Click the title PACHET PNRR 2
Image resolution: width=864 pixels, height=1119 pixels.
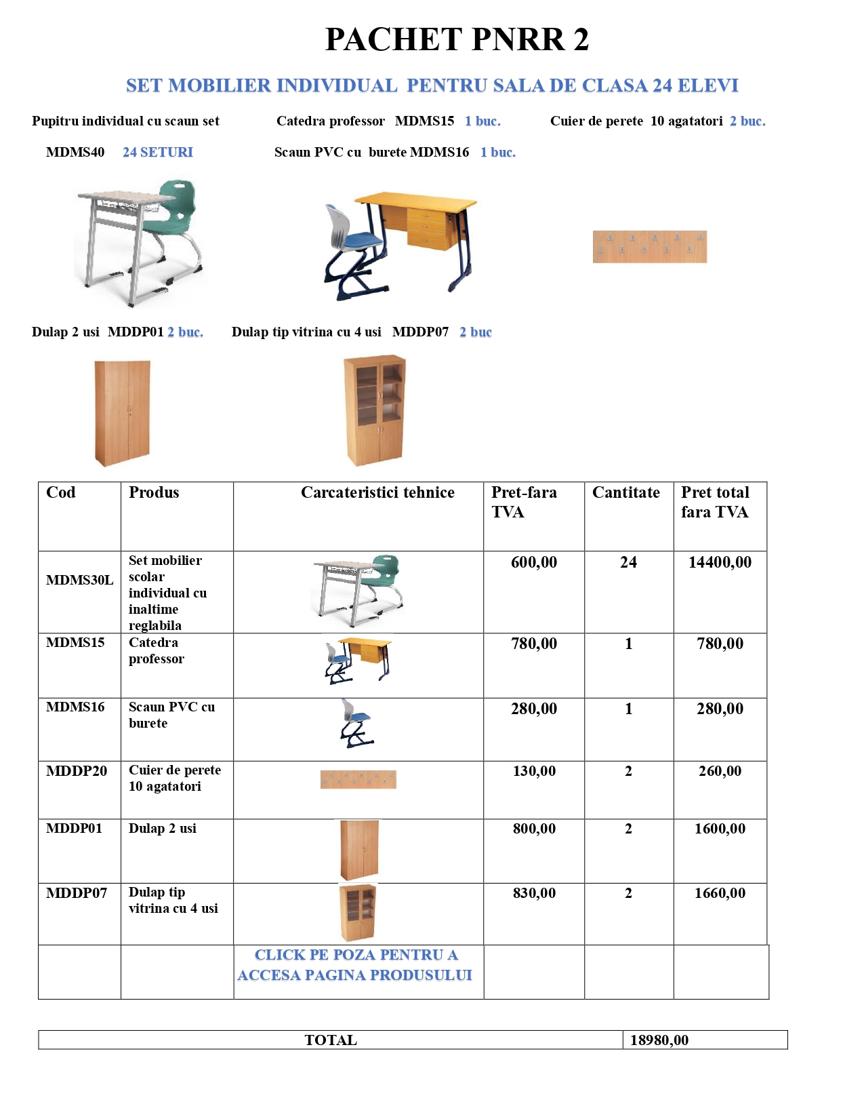click(x=457, y=39)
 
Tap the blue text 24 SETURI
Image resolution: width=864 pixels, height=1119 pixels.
click(x=157, y=153)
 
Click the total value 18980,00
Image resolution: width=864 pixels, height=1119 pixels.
click(x=659, y=1040)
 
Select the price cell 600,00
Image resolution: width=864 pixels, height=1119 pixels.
click(x=534, y=562)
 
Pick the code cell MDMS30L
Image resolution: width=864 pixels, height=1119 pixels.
click(x=79, y=580)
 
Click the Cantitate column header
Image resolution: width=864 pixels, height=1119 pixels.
click(x=625, y=492)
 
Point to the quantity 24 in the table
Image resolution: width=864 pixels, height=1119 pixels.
click(x=628, y=562)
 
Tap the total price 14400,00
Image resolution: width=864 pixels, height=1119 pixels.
click(x=720, y=562)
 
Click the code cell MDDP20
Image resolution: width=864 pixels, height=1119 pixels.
click(x=77, y=771)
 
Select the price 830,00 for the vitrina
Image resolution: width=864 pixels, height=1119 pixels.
click(x=534, y=893)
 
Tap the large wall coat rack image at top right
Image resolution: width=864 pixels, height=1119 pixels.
click(x=649, y=246)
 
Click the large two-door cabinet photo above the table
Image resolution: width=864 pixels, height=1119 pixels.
click(x=123, y=412)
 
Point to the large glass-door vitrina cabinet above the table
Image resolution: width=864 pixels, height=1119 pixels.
click(x=375, y=410)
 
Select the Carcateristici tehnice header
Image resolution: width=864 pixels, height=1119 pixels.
click(x=377, y=492)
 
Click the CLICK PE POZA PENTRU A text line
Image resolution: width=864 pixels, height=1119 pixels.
click(x=356, y=955)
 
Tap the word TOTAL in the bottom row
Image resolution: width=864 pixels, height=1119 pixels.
click(x=331, y=1040)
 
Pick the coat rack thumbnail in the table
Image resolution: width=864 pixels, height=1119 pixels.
click(x=358, y=779)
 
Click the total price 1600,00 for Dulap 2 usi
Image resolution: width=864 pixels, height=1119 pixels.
click(x=720, y=829)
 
